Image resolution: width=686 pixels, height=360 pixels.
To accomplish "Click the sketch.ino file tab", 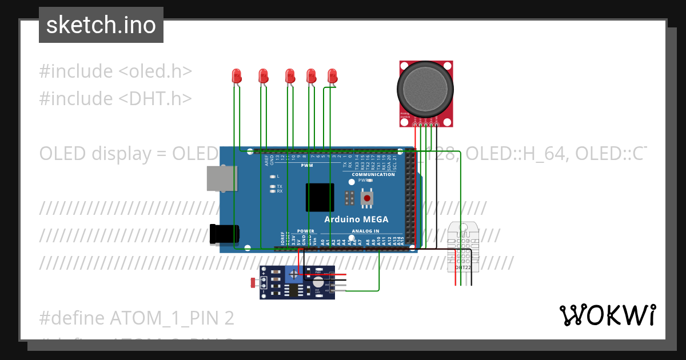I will pyautogui.click(x=101, y=25).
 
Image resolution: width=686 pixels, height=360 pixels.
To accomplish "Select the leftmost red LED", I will pyautogui.click(x=236, y=75).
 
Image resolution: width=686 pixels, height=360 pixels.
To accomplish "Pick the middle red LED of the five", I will pyautogui.click(x=290, y=75).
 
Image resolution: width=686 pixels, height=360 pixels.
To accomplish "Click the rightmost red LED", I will pyautogui.click(x=333, y=75).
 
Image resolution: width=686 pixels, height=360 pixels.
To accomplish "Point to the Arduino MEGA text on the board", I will pyautogui.click(x=356, y=219).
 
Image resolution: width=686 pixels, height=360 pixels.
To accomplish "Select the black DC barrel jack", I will pyautogui.click(x=223, y=235).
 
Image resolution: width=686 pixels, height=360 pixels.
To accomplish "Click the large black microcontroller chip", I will pyautogui.click(x=320, y=198).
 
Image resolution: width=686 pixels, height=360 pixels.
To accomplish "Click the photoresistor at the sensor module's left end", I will pyautogui.click(x=254, y=282).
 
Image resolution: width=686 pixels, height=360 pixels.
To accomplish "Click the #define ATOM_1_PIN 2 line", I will pyautogui.click(x=137, y=318).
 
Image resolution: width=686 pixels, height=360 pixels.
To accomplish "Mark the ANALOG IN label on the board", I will pyautogui.click(x=365, y=231).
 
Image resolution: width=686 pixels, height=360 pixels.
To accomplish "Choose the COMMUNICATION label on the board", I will pyautogui.click(x=373, y=175).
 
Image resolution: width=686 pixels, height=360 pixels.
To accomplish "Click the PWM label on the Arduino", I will pyautogui.click(x=307, y=165).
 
